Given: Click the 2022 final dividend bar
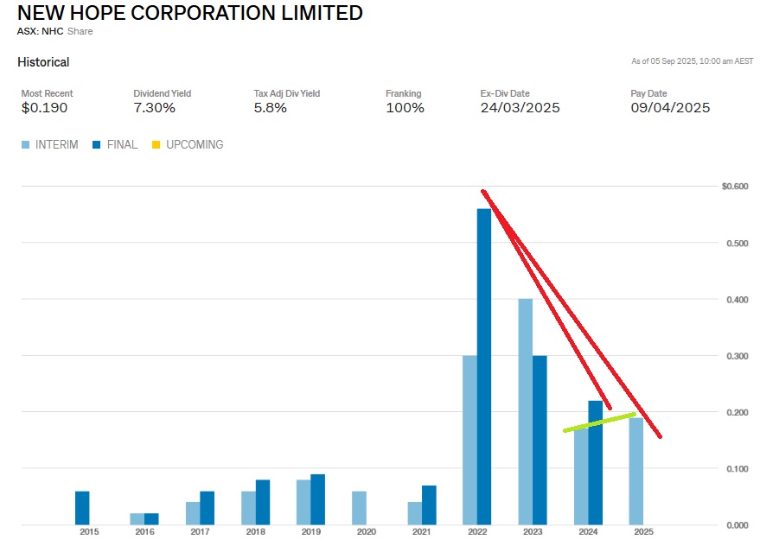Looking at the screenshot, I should tap(483, 367).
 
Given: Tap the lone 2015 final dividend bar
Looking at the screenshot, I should tap(82, 508).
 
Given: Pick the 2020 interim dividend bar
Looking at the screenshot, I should tap(359, 508).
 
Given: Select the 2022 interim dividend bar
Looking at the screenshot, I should tap(469, 441).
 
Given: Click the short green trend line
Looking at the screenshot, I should tap(599, 422).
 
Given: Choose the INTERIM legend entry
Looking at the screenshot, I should tap(50, 145).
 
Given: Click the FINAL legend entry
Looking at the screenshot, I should tap(115, 145).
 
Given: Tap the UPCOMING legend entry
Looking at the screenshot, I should tap(188, 145).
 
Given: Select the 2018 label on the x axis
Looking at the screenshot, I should tap(255, 532).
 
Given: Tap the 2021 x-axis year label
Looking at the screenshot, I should tap(421, 532).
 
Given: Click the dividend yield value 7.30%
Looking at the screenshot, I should tap(154, 108).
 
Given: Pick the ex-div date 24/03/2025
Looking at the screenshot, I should tap(520, 108).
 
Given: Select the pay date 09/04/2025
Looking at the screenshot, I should tap(670, 108).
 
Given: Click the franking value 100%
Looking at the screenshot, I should tap(405, 108).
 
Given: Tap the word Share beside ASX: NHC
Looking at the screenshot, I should tap(80, 31).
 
